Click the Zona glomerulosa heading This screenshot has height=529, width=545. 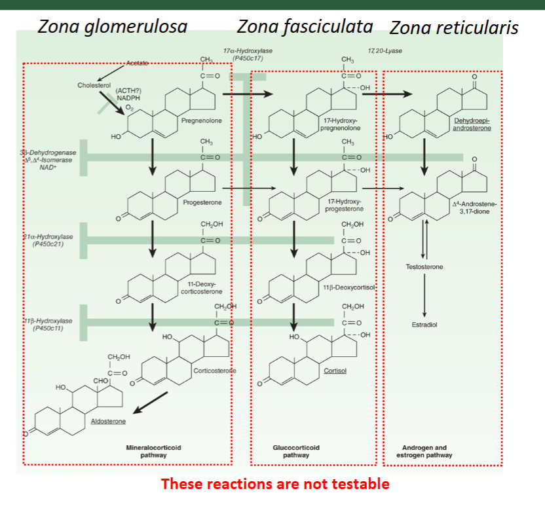[113, 26]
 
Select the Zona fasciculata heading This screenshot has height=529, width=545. [305, 26]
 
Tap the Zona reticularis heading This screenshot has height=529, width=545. [454, 27]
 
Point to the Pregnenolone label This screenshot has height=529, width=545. [202, 121]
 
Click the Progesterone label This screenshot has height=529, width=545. [202, 202]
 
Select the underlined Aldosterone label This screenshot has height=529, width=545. [108, 421]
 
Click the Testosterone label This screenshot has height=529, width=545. [424, 267]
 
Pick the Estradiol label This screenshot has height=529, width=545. [424, 324]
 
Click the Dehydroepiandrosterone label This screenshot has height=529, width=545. [472, 124]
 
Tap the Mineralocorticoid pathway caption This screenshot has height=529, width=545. [153, 451]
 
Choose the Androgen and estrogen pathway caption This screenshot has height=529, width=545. [424, 451]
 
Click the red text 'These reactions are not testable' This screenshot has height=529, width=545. [275, 484]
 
